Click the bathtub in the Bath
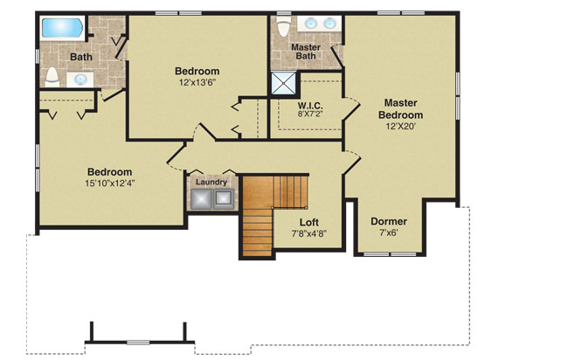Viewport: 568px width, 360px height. coord(63,28)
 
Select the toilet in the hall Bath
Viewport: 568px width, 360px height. coord(52,77)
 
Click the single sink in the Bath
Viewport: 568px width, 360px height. coord(80,79)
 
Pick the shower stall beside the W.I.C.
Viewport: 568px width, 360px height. coord(283,84)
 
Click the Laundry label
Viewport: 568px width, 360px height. coord(211,182)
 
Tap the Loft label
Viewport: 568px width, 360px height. coord(309,222)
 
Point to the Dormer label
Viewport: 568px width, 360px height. coord(389,221)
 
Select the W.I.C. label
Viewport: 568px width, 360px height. coord(310,106)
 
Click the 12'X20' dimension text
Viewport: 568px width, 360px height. coord(400,127)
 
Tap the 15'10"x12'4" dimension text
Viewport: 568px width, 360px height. coord(110,183)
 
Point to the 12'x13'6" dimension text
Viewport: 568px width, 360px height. coord(197,82)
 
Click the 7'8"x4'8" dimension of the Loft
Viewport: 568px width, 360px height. coord(309,233)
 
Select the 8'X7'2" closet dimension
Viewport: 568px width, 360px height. coord(310,114)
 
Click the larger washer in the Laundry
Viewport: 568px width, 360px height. coord(201,199)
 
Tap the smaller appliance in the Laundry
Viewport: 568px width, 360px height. coord(224,198)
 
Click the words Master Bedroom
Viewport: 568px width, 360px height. coord(400,108)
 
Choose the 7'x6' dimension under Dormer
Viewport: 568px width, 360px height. coord(389,232)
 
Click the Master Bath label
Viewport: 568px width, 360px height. coord(306,52)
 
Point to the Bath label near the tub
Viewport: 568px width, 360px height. coord(81,57)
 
